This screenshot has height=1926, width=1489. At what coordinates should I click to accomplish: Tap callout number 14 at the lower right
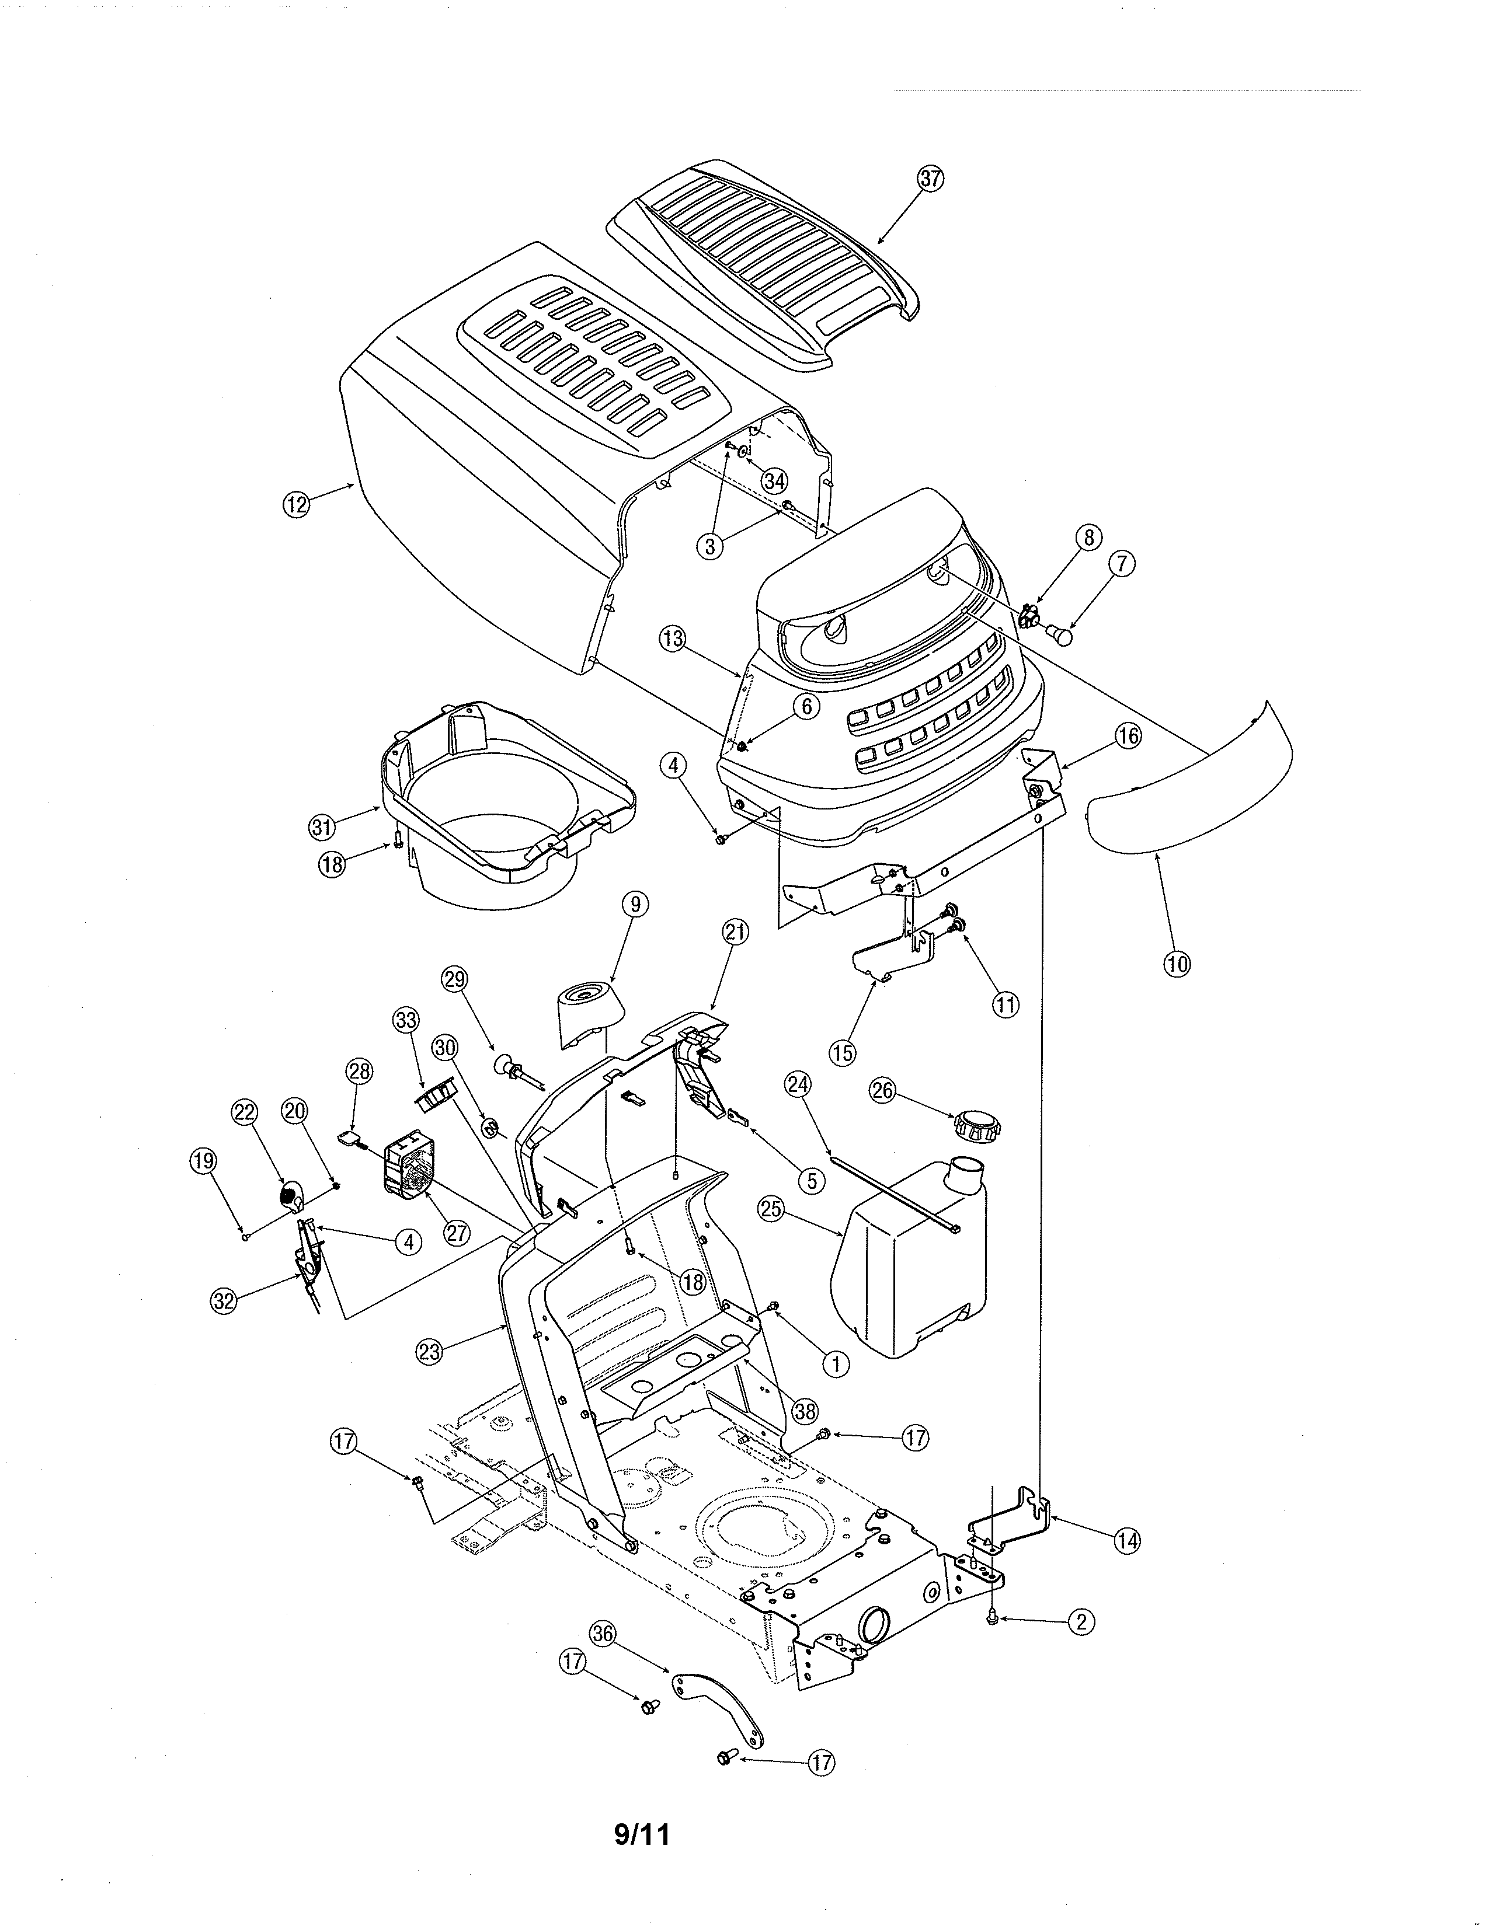tap(1126, 1541)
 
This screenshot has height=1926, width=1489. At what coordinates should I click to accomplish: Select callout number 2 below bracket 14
tap(1081, 1621)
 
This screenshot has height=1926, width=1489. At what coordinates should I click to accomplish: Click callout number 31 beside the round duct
tap(322, 827)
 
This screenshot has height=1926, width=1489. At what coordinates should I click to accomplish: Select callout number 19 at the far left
tap(203, 1161)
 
